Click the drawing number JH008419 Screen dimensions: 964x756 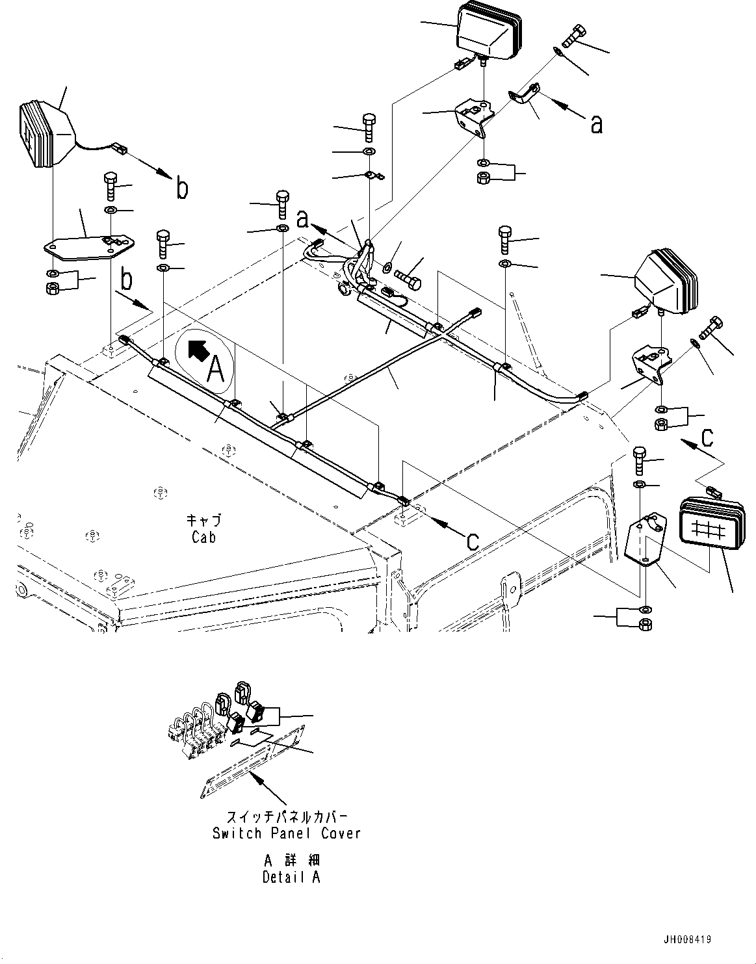coord(688,939)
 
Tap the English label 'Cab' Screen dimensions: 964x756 coord(203,537)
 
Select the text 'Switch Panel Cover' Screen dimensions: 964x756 coord(286,833)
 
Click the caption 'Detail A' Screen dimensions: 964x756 coord(291,876)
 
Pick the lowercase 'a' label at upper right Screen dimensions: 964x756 coord(595,124)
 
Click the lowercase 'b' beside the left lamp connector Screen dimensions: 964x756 coord(183,189)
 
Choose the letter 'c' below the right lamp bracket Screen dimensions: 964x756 coord(707,437)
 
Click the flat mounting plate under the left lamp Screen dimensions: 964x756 coord(90,245)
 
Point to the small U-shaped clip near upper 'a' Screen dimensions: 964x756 coord(523,96)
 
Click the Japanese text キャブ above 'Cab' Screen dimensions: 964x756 coord(203,520)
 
